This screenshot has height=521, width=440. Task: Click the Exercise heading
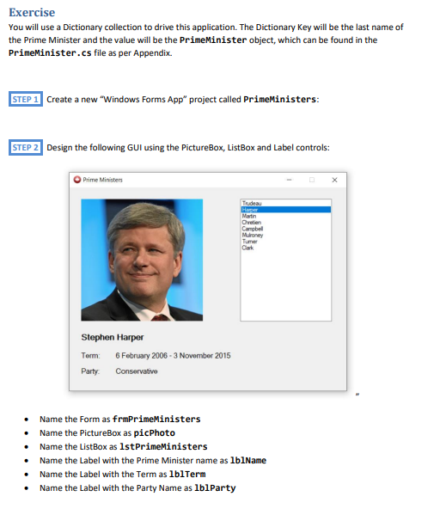click(31, 12)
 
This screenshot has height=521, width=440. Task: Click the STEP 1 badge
click(26, 100)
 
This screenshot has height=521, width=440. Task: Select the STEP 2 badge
click(26, 148)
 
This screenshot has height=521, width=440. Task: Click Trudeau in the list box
click(251, 203)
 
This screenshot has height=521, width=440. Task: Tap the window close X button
click(334, 180)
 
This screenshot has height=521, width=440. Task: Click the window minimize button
click(290, 180)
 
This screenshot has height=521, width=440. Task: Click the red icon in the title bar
click(77, 180)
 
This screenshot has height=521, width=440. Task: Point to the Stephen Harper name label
click(113, 337)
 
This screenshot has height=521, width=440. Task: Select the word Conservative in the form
click(137, 371)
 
